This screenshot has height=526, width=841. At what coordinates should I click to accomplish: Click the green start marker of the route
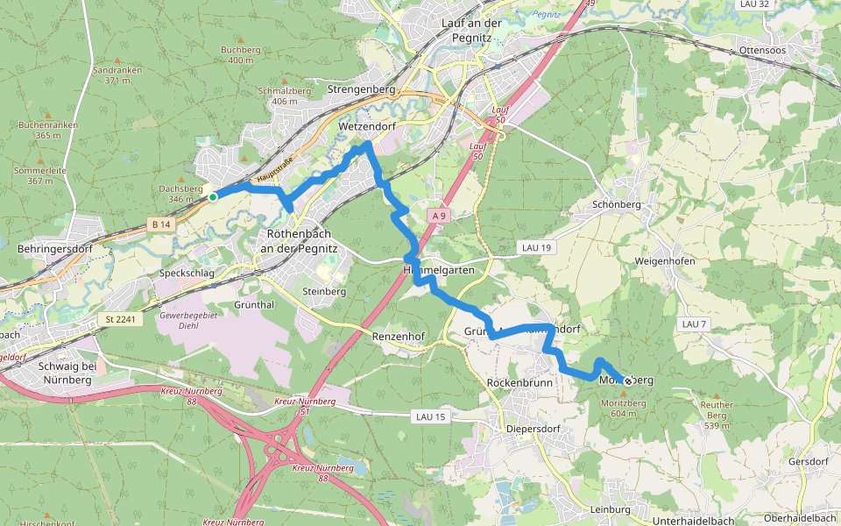pyautogui.click(x=213, y=197)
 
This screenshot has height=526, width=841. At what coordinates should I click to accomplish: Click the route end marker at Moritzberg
pyautogui.click(x=627, y=380)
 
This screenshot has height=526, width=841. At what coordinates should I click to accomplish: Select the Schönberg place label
pyautogui.click(x=617, y=204)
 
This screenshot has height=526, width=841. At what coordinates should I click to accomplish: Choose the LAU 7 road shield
pyautogui.click(x=693, y=324)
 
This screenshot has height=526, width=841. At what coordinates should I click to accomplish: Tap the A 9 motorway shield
pyautogui.click(x=440, y=215)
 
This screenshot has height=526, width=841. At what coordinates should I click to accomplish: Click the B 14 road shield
pyautogui.click(x=159, y=225)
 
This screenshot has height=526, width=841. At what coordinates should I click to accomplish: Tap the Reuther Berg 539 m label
pyautogui.click(x=717, y=415)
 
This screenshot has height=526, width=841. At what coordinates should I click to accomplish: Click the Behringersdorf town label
pyautogui.click(x=54, y=249)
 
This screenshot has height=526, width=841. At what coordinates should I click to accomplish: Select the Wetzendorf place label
pyautogui.click(x=367, y=127)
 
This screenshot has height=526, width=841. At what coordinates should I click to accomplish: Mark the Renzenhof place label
pyautogui.click(x=398, y=336)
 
